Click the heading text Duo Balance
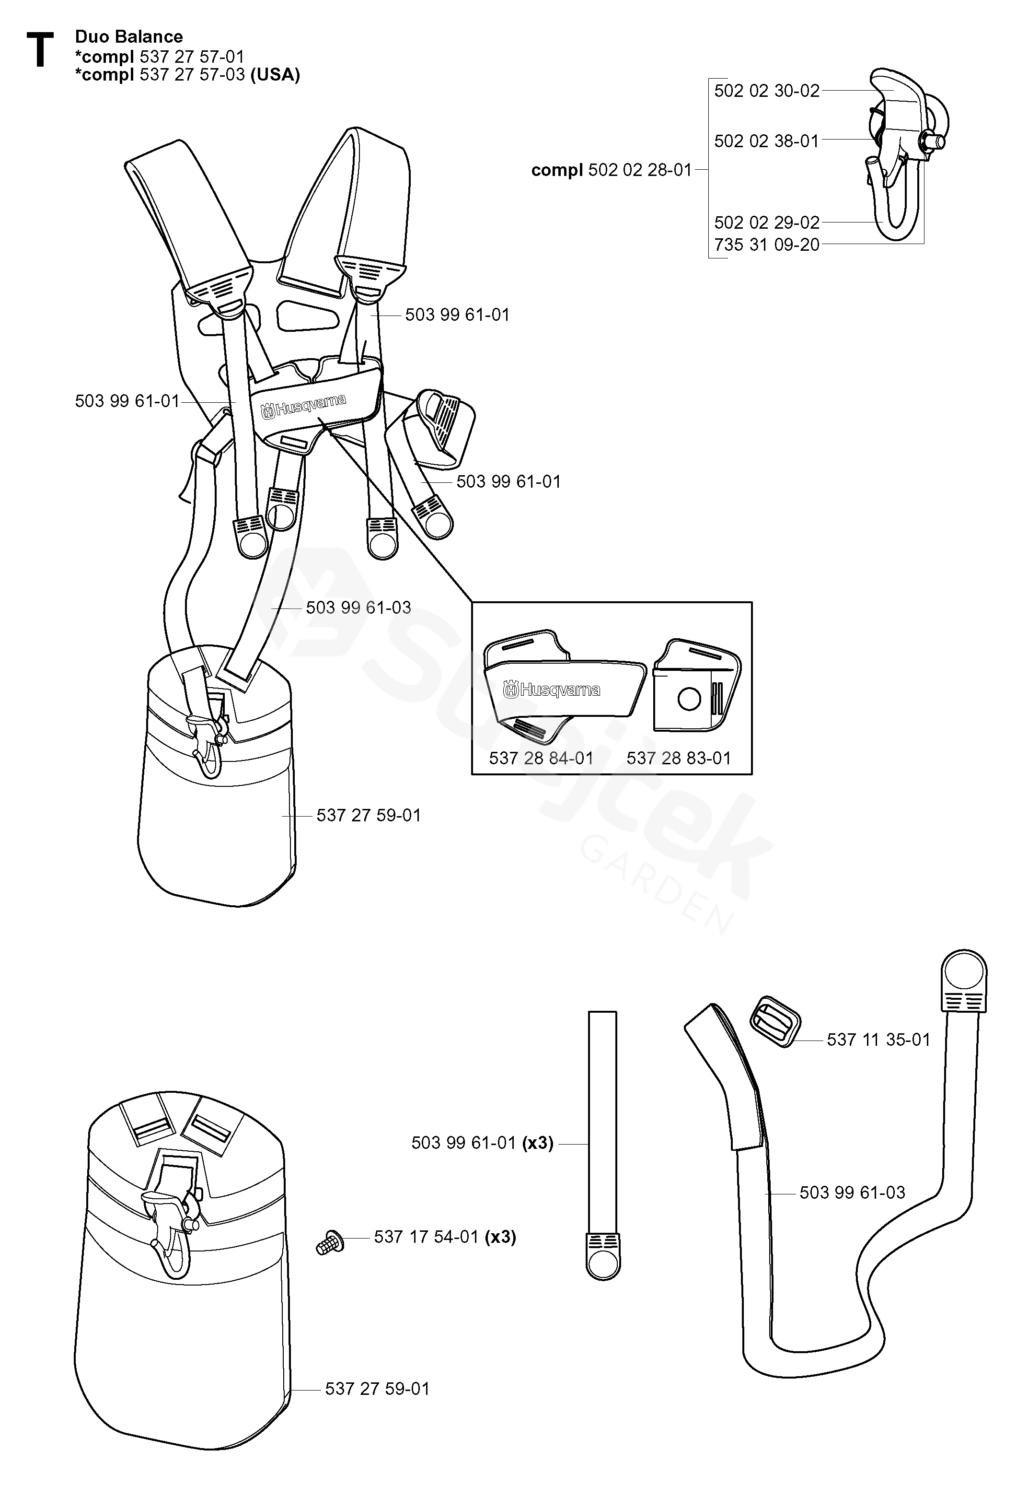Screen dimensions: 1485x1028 click(129, 37)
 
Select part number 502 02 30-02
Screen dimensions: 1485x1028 click(766, 91)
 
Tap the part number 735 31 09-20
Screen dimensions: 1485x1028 click(766, 245)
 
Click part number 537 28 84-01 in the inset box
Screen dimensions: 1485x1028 click(541, 758)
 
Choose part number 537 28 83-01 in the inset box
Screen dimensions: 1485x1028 click(679, 758)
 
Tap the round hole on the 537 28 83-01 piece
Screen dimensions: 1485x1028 click(689, 699)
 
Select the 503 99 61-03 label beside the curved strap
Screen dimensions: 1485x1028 click(852, 1193)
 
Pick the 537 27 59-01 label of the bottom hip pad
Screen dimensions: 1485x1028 click(377, 1388)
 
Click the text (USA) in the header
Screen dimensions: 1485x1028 click(275, 75)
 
